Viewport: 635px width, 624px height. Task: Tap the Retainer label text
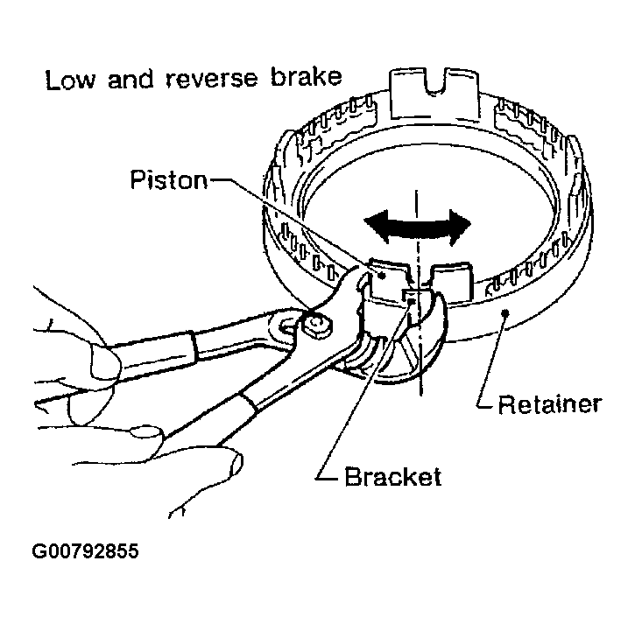pos(548,403)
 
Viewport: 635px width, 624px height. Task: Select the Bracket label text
pos(392,477)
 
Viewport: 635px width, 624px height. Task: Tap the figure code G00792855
pos(85,552)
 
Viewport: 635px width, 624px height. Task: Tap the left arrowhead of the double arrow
pos(375,222)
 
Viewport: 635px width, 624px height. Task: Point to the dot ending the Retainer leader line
pos(504,312)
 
